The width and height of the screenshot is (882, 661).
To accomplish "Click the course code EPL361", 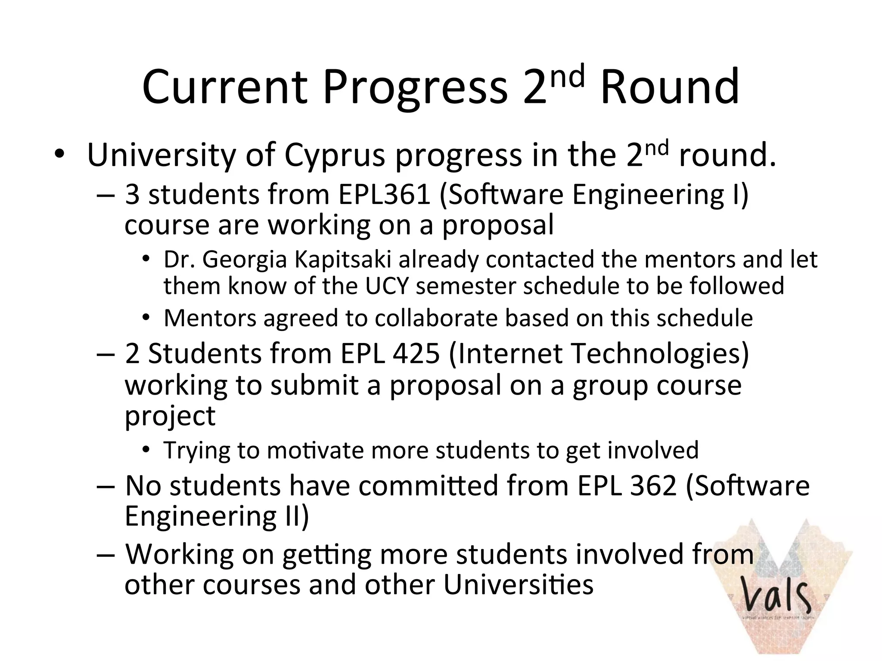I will click(385, 194).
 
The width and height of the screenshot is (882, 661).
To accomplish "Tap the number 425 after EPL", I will click(416, 354).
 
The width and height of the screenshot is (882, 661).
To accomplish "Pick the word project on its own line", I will click(170, 416).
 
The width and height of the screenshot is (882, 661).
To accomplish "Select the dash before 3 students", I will click(106, 195).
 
